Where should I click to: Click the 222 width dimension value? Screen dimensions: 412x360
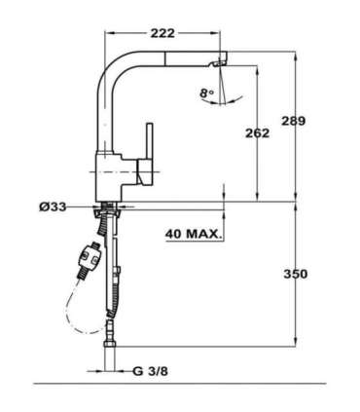(162, 30)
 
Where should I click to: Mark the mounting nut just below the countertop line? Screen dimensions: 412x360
(108, 210)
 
